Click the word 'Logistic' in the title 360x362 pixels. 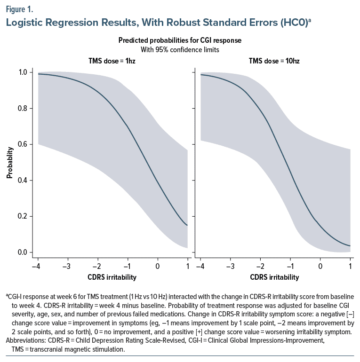pyautogui.click(x=24, y=22)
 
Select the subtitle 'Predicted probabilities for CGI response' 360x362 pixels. pyautogui.click(x=180, y=41)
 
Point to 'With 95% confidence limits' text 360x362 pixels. pyautogui.click(x=180, y=49)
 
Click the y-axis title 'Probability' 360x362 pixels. pyautogui.click(x=9, y=163)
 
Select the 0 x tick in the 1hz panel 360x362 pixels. pyautogui.click(x=158, y=266)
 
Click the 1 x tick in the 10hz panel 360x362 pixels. pyautogui.click(x=350, y=266)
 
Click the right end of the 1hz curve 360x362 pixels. pyautogui.click(x=187, y=225)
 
